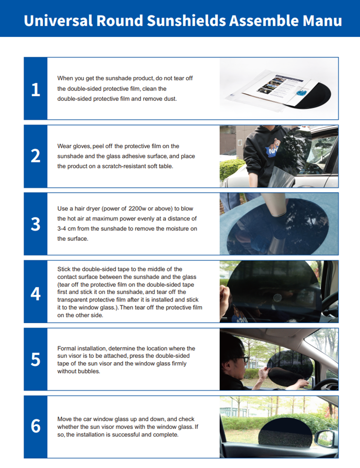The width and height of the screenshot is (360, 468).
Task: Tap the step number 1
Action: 36,90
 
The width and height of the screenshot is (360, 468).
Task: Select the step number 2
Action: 36,156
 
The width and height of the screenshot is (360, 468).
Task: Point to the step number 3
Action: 36,224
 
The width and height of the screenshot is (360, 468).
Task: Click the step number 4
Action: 36,294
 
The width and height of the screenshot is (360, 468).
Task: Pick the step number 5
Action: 36,360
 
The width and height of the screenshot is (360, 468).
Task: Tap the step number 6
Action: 36,426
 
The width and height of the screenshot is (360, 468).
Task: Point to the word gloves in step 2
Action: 81,146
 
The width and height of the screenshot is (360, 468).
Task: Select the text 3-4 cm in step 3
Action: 67,229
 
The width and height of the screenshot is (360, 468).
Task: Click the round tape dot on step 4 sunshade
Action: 278,297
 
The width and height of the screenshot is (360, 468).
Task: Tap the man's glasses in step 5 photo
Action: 243,359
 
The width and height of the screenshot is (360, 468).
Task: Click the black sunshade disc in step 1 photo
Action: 314,95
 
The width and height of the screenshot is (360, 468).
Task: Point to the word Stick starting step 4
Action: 64,269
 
